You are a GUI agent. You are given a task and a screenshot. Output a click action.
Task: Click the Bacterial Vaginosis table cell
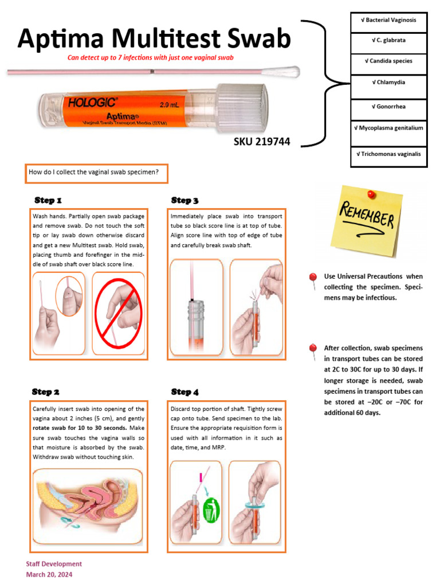point(388,20)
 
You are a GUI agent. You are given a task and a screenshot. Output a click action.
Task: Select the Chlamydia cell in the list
point(388,83)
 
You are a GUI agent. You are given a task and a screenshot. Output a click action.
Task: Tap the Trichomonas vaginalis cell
point(388,154)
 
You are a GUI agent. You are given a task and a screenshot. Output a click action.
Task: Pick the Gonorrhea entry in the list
point(388,107)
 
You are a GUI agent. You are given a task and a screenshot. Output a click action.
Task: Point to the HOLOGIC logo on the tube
point(93,103)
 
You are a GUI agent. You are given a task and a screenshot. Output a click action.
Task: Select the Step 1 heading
point(48,201)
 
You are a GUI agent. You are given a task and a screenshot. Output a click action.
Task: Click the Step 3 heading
point(185,201)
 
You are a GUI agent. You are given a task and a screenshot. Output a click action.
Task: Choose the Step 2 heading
point(46,392)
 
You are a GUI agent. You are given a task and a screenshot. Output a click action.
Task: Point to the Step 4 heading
point(185,392)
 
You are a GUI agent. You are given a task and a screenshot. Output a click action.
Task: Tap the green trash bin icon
point(211,510)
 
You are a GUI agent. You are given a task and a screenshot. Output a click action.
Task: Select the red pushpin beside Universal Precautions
point(313,278)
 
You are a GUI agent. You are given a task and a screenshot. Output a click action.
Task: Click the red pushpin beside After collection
point(313,349)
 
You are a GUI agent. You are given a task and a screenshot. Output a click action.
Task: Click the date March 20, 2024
point(49,574)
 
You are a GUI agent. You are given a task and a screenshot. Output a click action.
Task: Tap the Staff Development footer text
point(54,564)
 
